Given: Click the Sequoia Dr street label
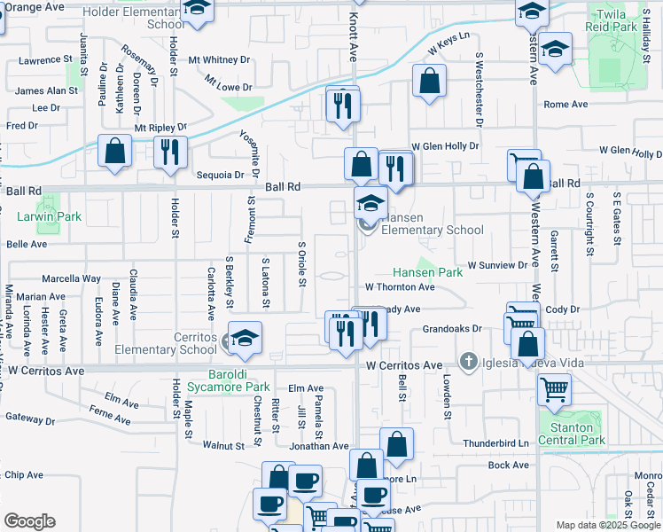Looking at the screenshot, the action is [213, 176].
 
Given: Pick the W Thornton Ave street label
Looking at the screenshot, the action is [400, 287].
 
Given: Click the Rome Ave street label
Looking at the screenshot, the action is [565, 105].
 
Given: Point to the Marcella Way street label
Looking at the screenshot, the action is [66, 278].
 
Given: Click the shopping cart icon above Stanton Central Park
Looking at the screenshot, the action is [554, 388].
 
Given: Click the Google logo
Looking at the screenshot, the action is [29, 521].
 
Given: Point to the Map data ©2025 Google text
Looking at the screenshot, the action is [607, 525].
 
